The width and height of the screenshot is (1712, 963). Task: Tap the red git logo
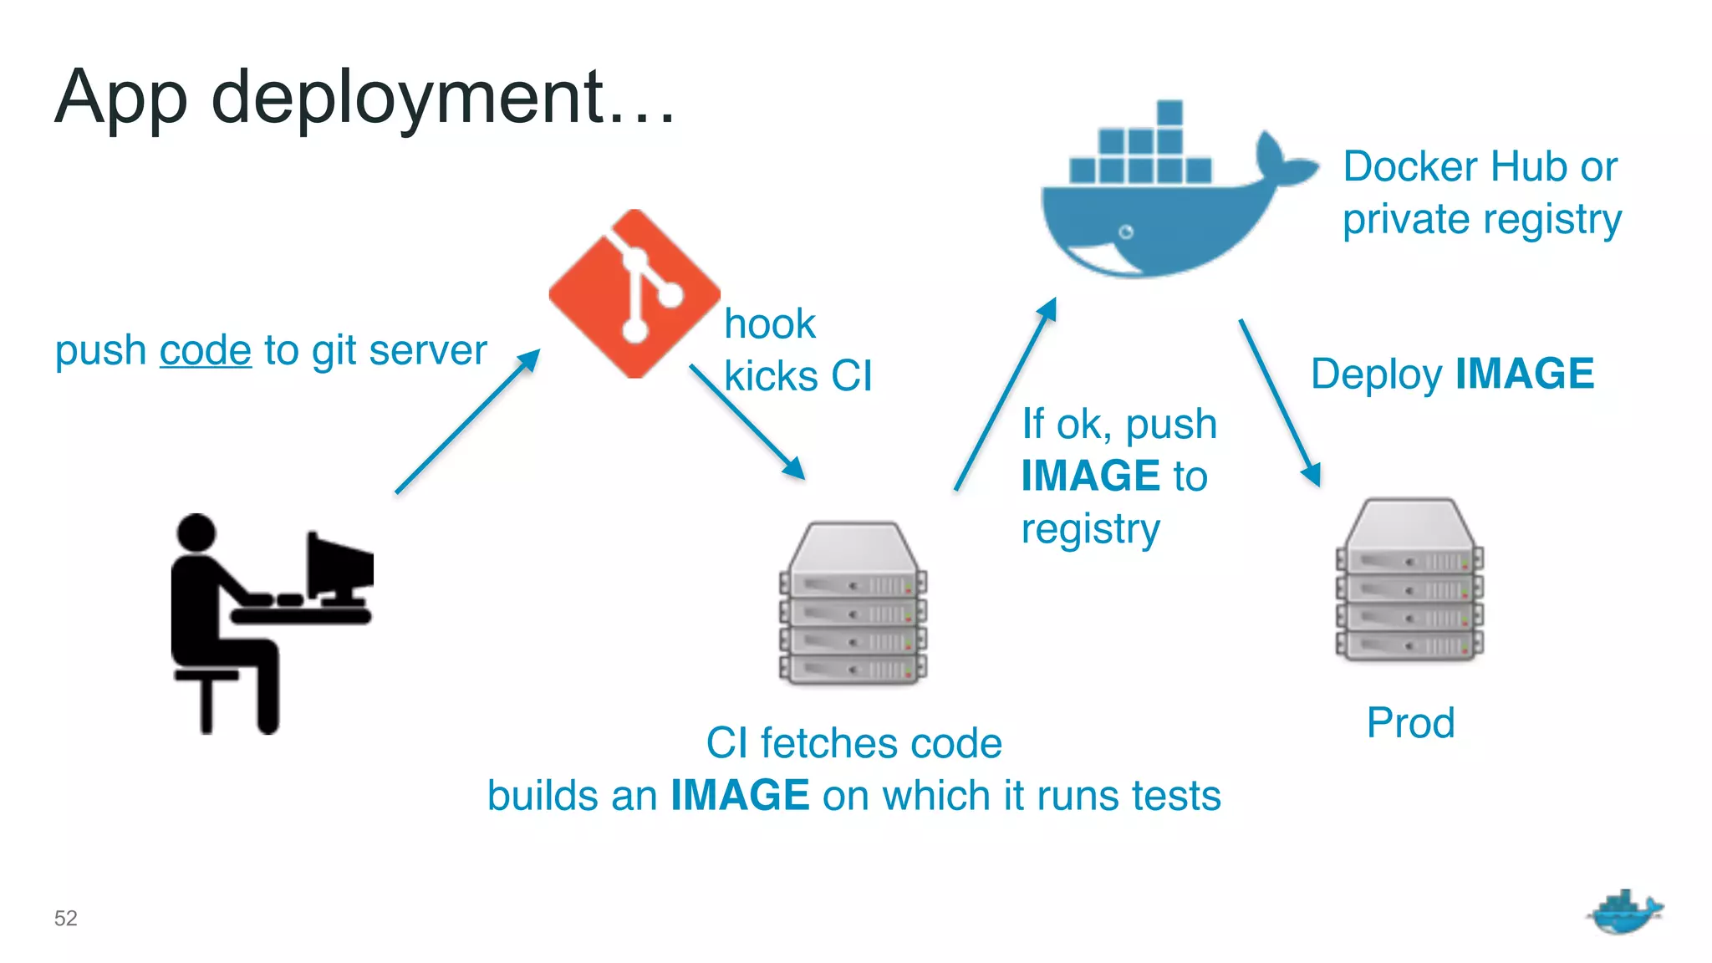pyautogui.click(x=634, y=293)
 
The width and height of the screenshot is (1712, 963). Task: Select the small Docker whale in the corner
pyautogui.click(x=1623, y=913)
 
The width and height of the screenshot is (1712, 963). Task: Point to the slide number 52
pyautogui.click(x=65, y=918)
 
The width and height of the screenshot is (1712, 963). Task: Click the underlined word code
pyautogui.click(x=205, y=350)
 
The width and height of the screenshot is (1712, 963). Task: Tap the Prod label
pyautogui.click(x=1410, y=723)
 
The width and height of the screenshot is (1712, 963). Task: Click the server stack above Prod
pyautogui.click(x=1409, y=580)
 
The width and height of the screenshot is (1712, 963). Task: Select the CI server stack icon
pyautogui.click(x=853, y=604)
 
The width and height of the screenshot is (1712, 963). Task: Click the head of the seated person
pyautogui.click(x=196, y=532)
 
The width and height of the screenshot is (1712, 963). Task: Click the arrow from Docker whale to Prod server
pyautogui.click(x=1279, y=402)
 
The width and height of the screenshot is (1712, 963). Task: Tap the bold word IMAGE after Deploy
pyautogui.click(x=1525, y=374)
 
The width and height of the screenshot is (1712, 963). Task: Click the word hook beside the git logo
pyautogui.click(x=769, y=324)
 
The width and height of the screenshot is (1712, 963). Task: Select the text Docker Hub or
pyautogui.click(x=1480, y=166)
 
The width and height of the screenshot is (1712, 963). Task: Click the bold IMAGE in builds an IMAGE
pyautogui.click(x=740, y=795)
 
